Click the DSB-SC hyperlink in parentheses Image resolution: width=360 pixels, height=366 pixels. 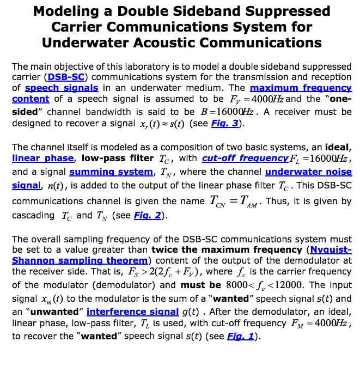tap(66, 77)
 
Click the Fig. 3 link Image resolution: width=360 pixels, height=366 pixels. tap(222, 123)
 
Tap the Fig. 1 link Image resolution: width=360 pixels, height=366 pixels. tap(240, 335)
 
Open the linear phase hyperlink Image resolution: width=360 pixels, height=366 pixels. tap(42, 158)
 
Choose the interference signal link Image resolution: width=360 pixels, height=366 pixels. tap(132, 312)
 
